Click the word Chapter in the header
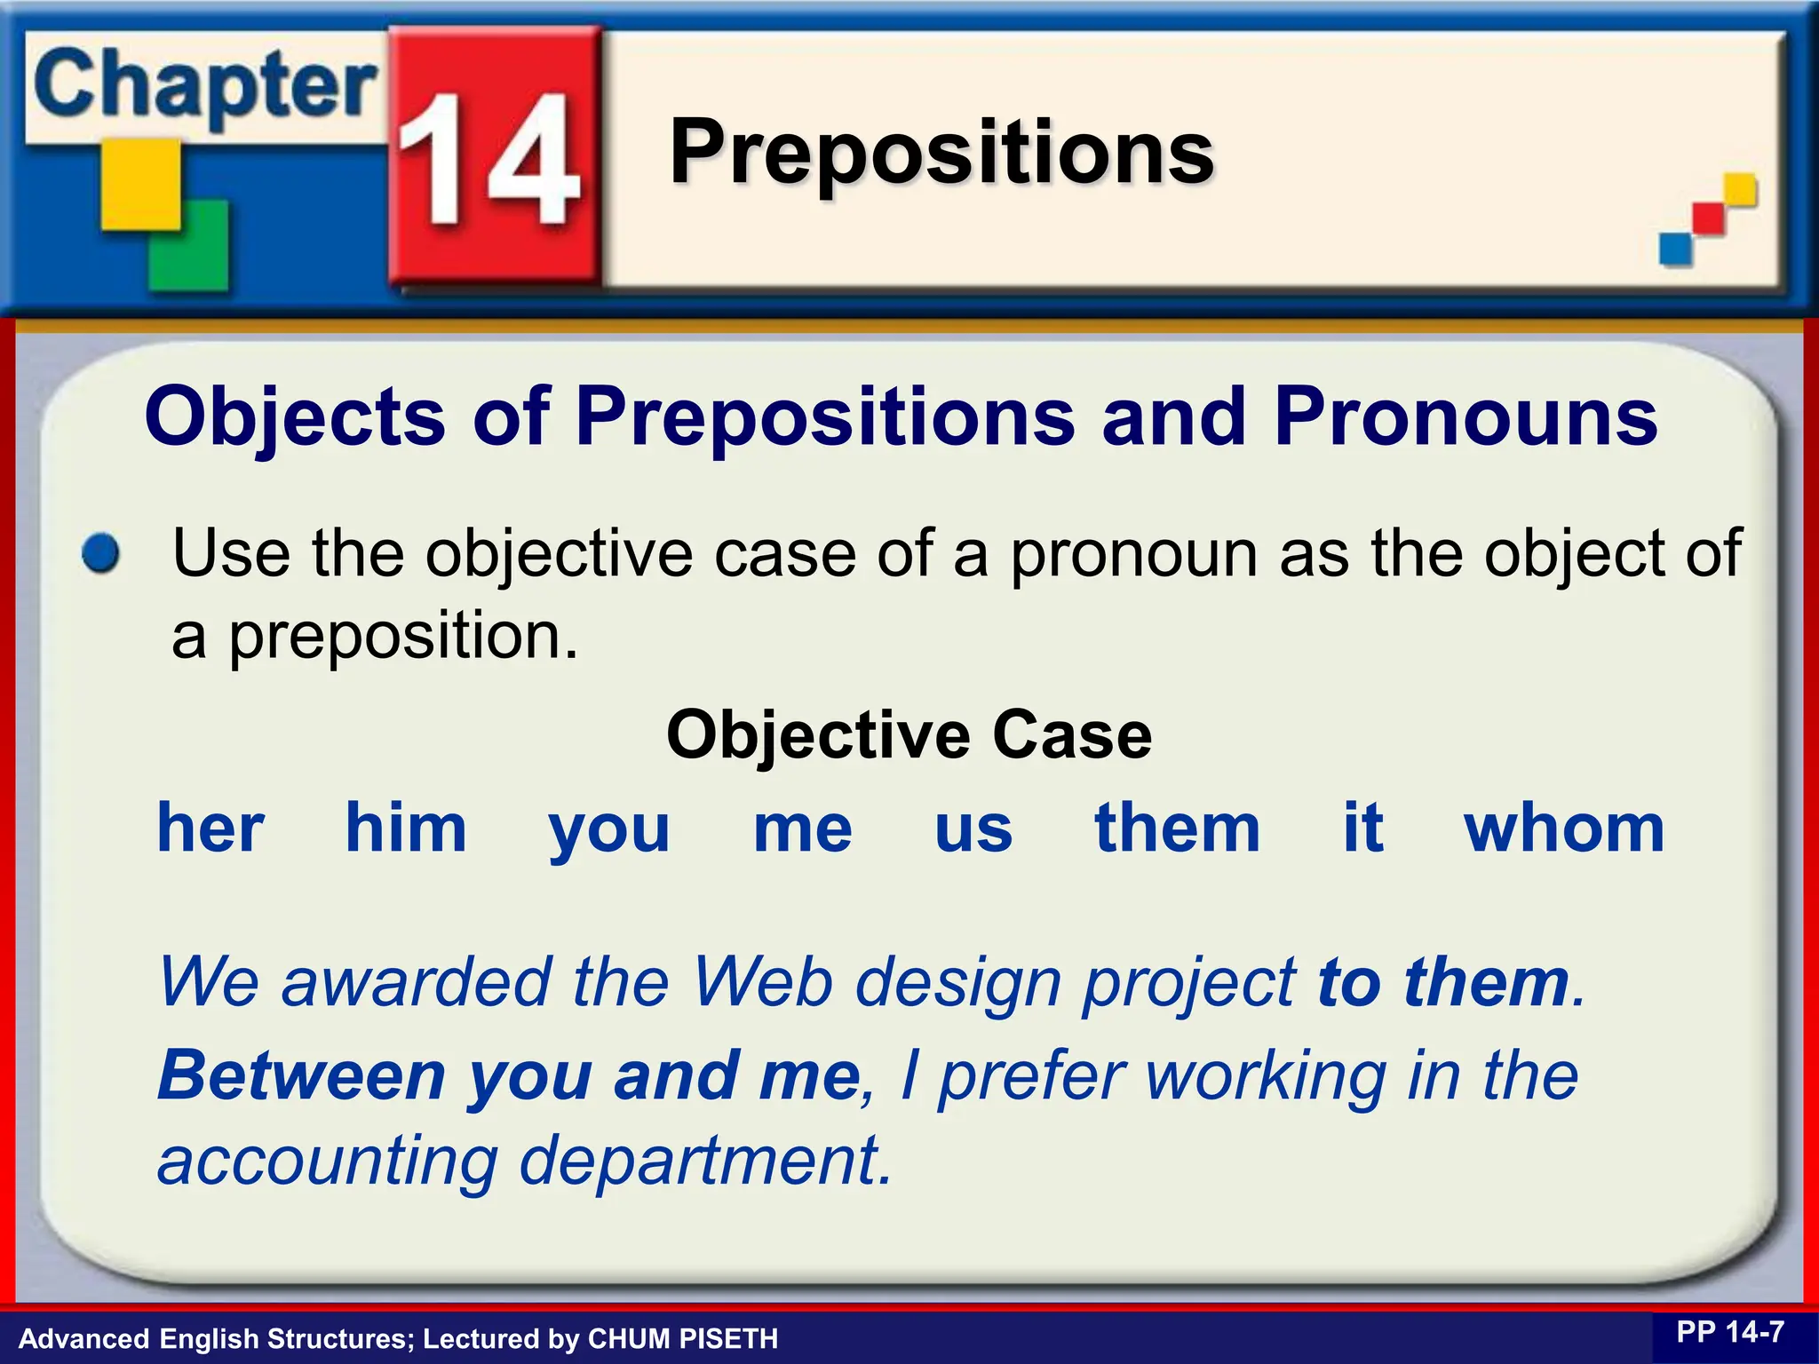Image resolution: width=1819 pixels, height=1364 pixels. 205,87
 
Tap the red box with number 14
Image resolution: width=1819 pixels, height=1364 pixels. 494,158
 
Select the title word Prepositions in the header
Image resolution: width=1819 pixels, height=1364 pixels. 941,153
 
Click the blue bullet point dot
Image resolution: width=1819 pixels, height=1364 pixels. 100,553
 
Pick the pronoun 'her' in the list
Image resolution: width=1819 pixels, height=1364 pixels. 210,828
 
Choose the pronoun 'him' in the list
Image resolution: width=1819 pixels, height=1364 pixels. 406,828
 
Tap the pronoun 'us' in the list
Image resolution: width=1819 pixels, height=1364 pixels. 973,829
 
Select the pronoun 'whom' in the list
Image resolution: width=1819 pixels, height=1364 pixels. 1564,828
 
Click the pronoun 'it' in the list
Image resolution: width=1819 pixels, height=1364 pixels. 1362,828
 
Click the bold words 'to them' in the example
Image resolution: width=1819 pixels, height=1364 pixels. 1442,982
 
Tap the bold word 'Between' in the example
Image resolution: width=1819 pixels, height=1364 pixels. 301,1075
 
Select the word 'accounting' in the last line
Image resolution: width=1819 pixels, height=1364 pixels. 328,1162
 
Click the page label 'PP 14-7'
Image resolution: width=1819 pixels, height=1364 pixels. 1730,1332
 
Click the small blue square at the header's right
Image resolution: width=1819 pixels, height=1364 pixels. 1675,248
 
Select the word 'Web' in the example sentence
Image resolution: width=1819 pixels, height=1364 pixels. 762,982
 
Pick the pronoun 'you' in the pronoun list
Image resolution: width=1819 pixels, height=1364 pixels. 609,829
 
